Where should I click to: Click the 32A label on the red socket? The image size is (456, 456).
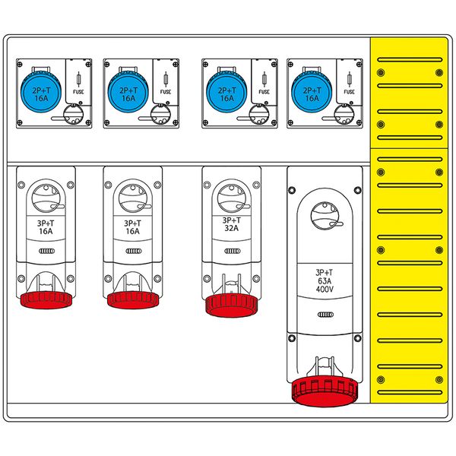click(x=232, y=228)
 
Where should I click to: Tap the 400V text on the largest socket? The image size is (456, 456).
click(x=325, y=290)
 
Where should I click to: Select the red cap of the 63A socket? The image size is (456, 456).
click(x=325, y=391)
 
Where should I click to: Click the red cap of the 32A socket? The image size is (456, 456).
click(x=232, y=306)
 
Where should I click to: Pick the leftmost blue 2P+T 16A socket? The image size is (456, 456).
click(x=41, y=92)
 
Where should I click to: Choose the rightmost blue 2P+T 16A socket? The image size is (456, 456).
click(x=312, y=92)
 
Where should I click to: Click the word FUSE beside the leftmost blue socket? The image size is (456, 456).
click(x=78, y=92)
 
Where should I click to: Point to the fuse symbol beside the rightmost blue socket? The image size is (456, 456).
click(x=350, y=79)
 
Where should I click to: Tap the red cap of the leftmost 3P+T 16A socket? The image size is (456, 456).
click(x=46, y=300)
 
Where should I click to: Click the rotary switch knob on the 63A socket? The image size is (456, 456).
click(x=325, y=216)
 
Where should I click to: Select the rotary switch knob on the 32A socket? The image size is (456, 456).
click(x=232, y=198)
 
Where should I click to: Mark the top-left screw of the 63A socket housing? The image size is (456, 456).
click(x=292, y=190)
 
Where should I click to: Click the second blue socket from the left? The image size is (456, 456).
click(x=128, y=92)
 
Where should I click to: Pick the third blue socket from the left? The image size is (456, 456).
click(x=226, y=92)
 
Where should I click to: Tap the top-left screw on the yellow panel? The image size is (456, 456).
click(x=381, y=72)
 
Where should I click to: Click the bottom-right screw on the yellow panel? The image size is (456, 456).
click(x=439, y=379)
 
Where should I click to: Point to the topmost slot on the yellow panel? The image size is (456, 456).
click(x=410, y=60)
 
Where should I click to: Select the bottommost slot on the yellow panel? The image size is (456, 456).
click(x=410, y=392)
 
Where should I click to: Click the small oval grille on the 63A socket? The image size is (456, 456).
click(x=325, y=315)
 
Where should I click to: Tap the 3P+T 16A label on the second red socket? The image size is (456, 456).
click(x=132, y=227)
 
